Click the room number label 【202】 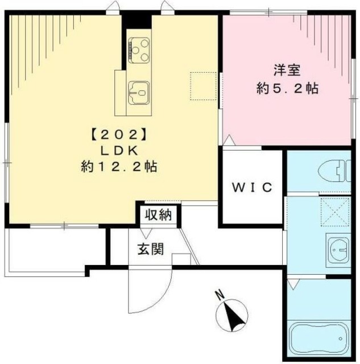pos(119,135)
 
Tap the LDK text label pos(119,151)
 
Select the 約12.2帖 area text pos(119,167)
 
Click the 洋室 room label pos(287,71)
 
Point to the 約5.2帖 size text pos(287,88)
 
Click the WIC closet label pos(253,187)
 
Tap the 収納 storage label pos(158,215)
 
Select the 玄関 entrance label pos(151,249)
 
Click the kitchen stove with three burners pos(139,50)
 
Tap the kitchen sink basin pos(139,93)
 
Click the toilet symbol pos(334,171)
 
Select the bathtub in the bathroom pos(319,339)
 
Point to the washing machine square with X pos(335,212)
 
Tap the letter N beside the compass pos(220,295)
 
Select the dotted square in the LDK pos(204,86)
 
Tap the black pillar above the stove pos(137,22)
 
